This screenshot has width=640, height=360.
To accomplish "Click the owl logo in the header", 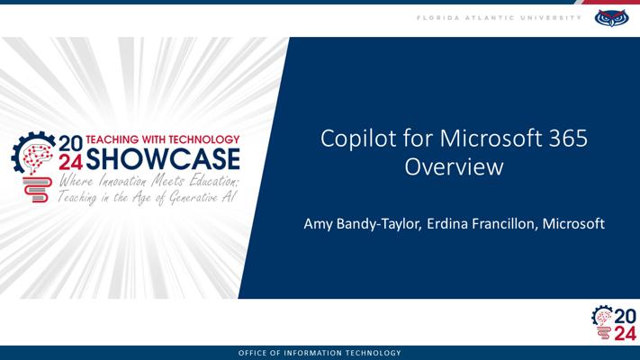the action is tap(611, 18).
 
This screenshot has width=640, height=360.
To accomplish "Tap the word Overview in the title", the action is tap(454, 166).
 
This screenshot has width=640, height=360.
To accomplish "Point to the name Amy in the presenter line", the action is tap(318, 224).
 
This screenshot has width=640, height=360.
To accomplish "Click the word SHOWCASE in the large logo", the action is tap(163, 159).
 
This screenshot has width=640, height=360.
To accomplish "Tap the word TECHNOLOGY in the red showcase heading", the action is tap(204, 139).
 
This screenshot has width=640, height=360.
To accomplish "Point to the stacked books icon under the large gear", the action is tap(38, 189).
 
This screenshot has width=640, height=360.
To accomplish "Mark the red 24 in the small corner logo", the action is tap(625, 334).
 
